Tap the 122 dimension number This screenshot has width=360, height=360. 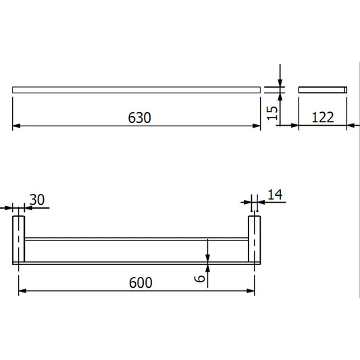322,117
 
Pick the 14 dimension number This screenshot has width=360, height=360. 275,195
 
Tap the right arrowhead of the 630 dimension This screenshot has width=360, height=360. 257,126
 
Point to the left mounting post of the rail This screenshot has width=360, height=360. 19,240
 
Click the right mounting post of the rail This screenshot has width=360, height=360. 254,240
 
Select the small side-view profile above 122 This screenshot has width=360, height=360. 322,89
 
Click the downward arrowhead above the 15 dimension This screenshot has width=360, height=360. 280,82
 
